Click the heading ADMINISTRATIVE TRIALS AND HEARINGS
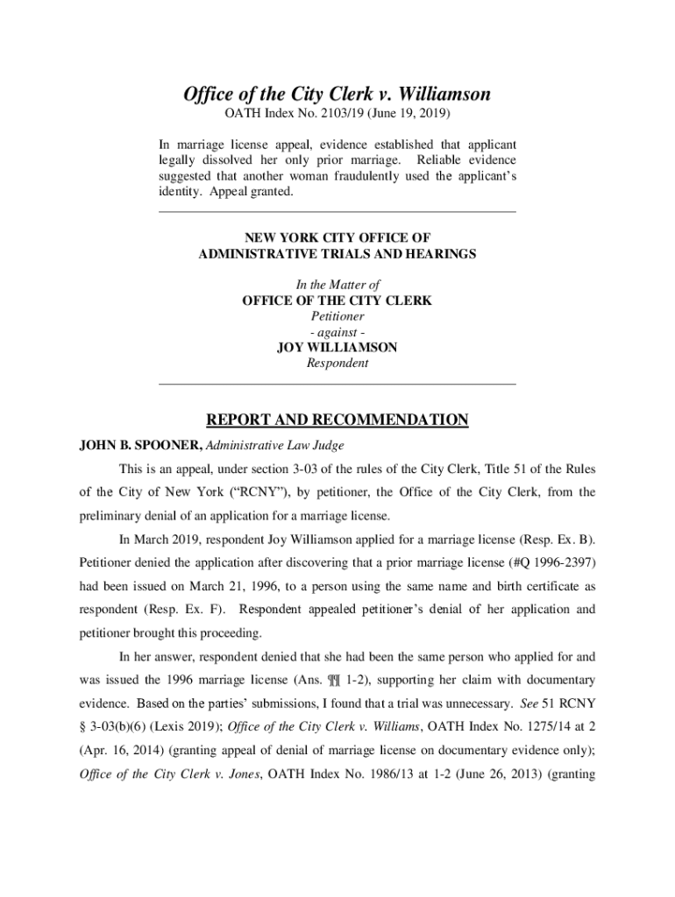pos(337,254)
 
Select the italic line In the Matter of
pos(337,285)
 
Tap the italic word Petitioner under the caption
pos(337,316)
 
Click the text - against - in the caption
pos(337,332)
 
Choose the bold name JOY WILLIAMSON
pos(337,348)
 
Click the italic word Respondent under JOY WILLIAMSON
pos(337,364)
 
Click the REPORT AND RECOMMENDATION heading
pos(337,420)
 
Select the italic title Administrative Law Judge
pos(274,445)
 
